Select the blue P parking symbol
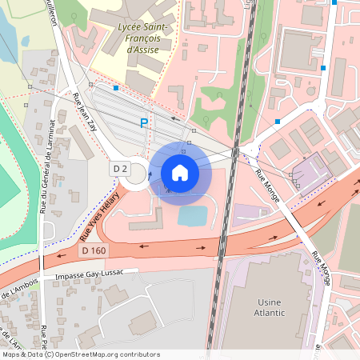(x=144, y=123)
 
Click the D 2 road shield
(x=120, y=169)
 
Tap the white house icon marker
(x=180, y=172)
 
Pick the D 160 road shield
(x=94, y=250)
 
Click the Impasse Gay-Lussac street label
(x=89, y=274)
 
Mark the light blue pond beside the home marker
(x=192, y=215)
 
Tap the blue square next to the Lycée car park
(x=116, y=87)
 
